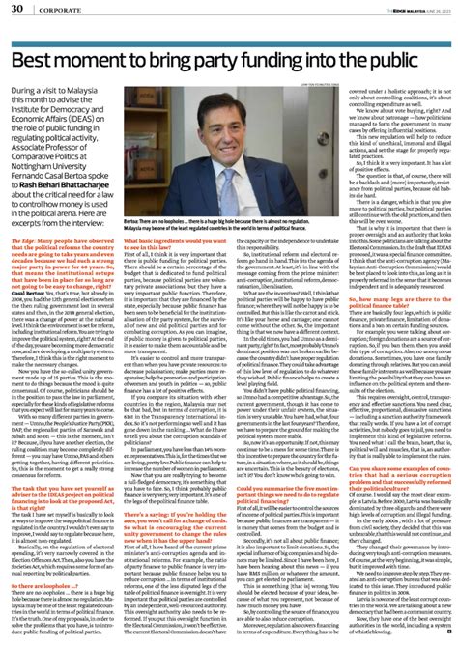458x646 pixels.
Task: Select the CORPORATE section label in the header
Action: click(56, 10)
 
